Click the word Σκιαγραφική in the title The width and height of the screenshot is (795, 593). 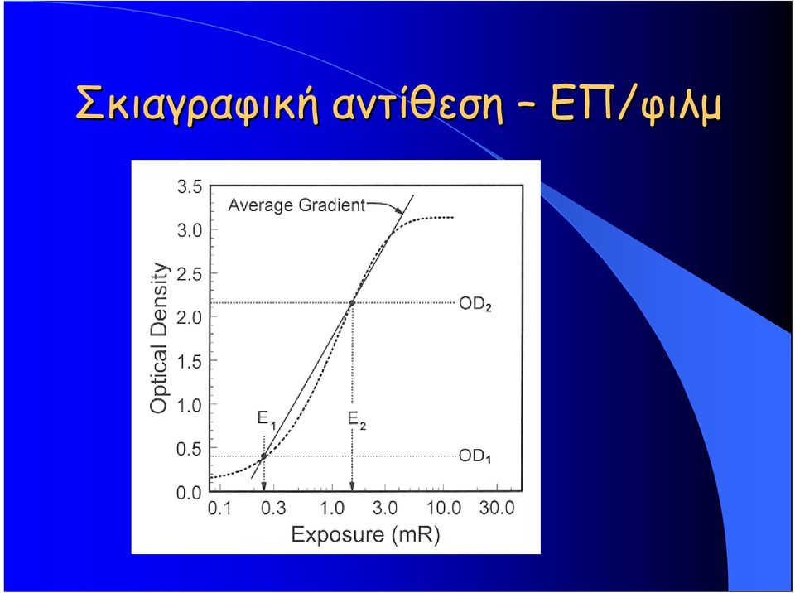[x=196, y=104]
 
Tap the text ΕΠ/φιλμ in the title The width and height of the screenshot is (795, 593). [x=635, y=104]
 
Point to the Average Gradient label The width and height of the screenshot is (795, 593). [x=296, y=205]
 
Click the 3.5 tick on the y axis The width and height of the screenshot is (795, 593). [x=190, y=186]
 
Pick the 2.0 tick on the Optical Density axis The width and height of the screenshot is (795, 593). [x=190, y=317]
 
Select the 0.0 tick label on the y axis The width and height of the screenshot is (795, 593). [x=190, y=493]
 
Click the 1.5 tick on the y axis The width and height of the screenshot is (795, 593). [x=190, y=361]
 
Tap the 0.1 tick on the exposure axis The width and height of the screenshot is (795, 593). [x=220, y=508]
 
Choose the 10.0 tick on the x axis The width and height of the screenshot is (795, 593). [x=444, y=508]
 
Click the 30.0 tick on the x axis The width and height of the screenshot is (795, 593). [x=497, y=508]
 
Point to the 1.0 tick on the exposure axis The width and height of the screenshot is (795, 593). [x=332, y=508]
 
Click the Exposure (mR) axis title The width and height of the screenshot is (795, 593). [x=365, y=535]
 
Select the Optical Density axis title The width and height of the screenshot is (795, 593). [x=159, y=338]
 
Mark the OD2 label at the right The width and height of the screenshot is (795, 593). [x=475, y=304]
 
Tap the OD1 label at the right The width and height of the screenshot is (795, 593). [x=475, y=456]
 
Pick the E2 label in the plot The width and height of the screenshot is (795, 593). [x=356, y=420]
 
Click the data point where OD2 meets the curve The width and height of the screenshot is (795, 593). [x=352, y=303]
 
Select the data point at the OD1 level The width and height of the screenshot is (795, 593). [x=263, y=456]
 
